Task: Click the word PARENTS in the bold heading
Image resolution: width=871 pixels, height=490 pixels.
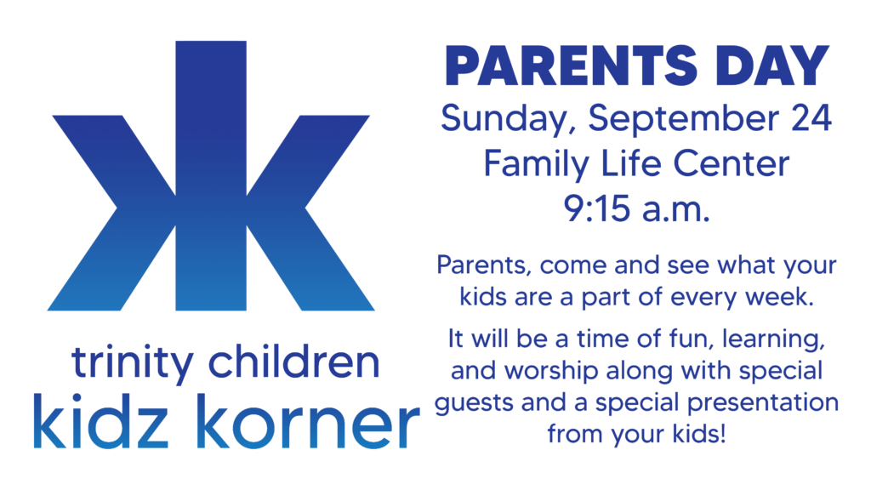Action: pyautogui.click(x=571, y=66)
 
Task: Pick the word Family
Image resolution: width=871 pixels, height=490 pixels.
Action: pyautogui.click(x=536, y=165)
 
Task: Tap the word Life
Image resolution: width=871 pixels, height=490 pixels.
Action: pyautogui.click(x=631, y=163)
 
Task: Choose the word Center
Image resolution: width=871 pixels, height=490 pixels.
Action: pyautogui.click(x=731, y=163)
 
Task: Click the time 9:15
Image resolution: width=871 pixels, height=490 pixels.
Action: pyautogui.click(x=597, y=209)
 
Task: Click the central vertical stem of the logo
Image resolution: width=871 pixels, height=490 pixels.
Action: pyautogui.click(x=211, y=175)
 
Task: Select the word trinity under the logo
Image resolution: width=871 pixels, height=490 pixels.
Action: pyautogui.click(x=132, y=363)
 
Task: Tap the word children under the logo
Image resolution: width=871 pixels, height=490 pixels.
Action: pyautogui.click(x=294, y=362)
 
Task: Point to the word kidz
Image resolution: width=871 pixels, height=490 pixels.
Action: pyautogui.click(x=100, y=421)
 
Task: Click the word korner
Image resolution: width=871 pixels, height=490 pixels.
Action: pyautogui.click(x=308, y=421)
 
